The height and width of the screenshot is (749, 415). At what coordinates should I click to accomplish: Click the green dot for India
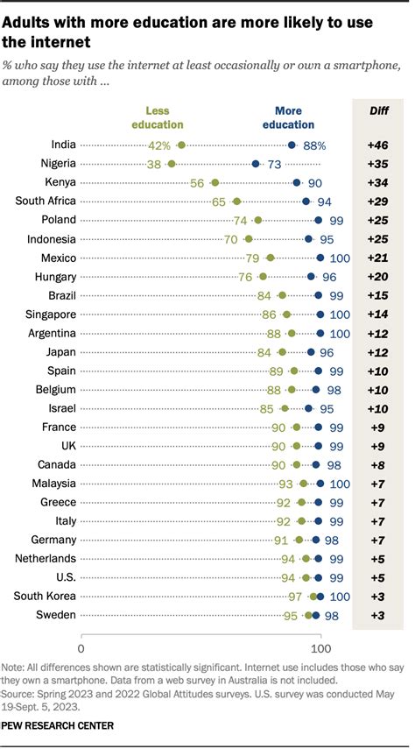181,145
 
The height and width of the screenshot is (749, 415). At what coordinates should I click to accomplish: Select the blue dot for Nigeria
256,163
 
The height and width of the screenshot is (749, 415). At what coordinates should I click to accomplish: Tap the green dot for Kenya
215,182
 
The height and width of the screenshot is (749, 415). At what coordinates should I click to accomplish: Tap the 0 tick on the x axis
81,649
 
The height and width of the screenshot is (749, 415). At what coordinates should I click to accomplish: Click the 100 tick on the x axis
320,649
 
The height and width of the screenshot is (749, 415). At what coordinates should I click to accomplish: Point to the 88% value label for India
315,145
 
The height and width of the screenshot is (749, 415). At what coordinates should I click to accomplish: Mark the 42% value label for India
160,145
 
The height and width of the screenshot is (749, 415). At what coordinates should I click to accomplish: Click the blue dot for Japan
311,352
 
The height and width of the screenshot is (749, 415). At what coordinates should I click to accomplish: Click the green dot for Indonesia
249,238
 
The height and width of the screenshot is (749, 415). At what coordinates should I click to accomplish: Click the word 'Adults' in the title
30,19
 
